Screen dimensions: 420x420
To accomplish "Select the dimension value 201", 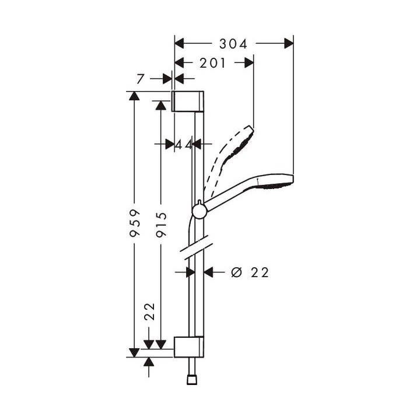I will click(x=213, y=63).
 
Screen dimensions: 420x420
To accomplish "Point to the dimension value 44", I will click(x=184, y=143).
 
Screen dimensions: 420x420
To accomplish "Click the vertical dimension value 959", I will click(x=135, y=223).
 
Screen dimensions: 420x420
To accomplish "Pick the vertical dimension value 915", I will click(x=162, y=223).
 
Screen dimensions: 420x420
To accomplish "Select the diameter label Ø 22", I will click(x=250, y=272).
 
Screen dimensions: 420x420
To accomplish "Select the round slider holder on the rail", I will click(x=199, y=210).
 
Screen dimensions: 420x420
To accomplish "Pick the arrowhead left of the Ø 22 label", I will click(x=211, y=272).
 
